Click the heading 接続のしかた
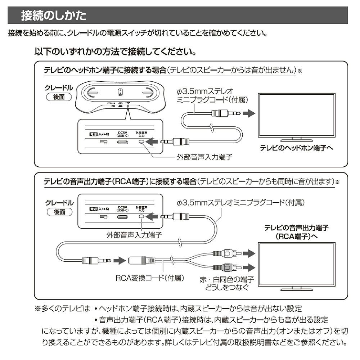pyautogui.click(x=54, y=15)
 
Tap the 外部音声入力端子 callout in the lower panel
pyautogui.click(x=134, y=236)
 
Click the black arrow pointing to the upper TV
pyautogui.click(x=248, y=113)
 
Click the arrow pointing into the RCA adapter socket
pyautogui.click(x=118, y=260)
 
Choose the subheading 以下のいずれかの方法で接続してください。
pyautogui.click(x=115, y=51)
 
